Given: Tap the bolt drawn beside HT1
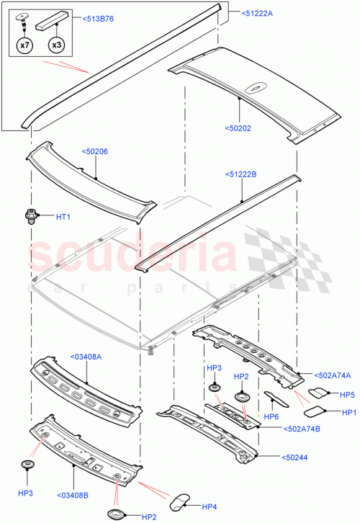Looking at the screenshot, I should coord(31,215).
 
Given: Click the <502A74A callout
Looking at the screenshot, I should coord(333,375).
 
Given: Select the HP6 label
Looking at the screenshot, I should coord(271,416).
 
